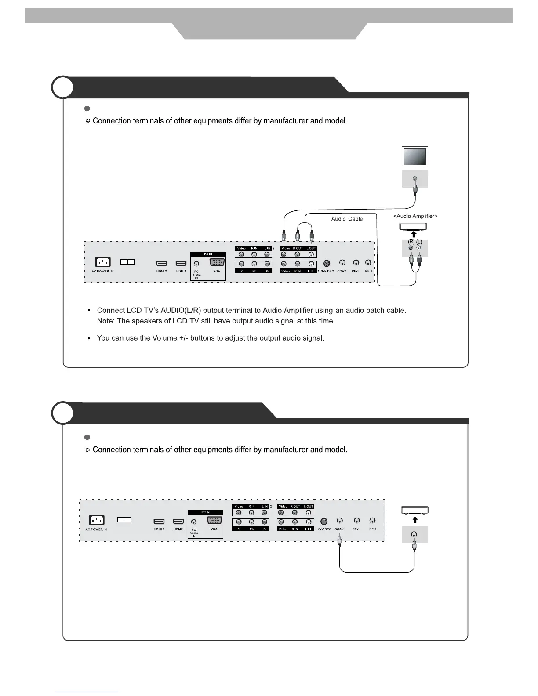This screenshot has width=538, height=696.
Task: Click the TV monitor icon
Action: tap(415, 157)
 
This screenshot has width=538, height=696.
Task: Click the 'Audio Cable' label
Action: tap(347, 219)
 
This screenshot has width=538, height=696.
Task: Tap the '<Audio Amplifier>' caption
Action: tap(415, 216)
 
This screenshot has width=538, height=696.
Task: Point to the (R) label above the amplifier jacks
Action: tap(411, 242)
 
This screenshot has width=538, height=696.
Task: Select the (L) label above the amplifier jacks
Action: tap(419, 242)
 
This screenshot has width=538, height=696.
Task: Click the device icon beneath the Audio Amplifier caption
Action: tap(413, 227)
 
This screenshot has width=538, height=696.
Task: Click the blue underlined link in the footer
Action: tap(87, 692)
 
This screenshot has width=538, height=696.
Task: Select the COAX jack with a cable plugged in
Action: tap(339, 521)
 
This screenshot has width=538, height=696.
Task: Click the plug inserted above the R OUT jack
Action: tap(298, 237)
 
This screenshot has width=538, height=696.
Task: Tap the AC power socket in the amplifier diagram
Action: tap(102, 262)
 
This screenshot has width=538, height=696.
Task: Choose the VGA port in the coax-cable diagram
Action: tap(214, 521)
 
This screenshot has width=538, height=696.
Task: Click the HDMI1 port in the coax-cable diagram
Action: tap(178, 522)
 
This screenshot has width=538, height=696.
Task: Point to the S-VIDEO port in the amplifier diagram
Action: tap(327, 263)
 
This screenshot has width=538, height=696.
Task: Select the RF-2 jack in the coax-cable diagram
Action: tap(373, 521)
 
